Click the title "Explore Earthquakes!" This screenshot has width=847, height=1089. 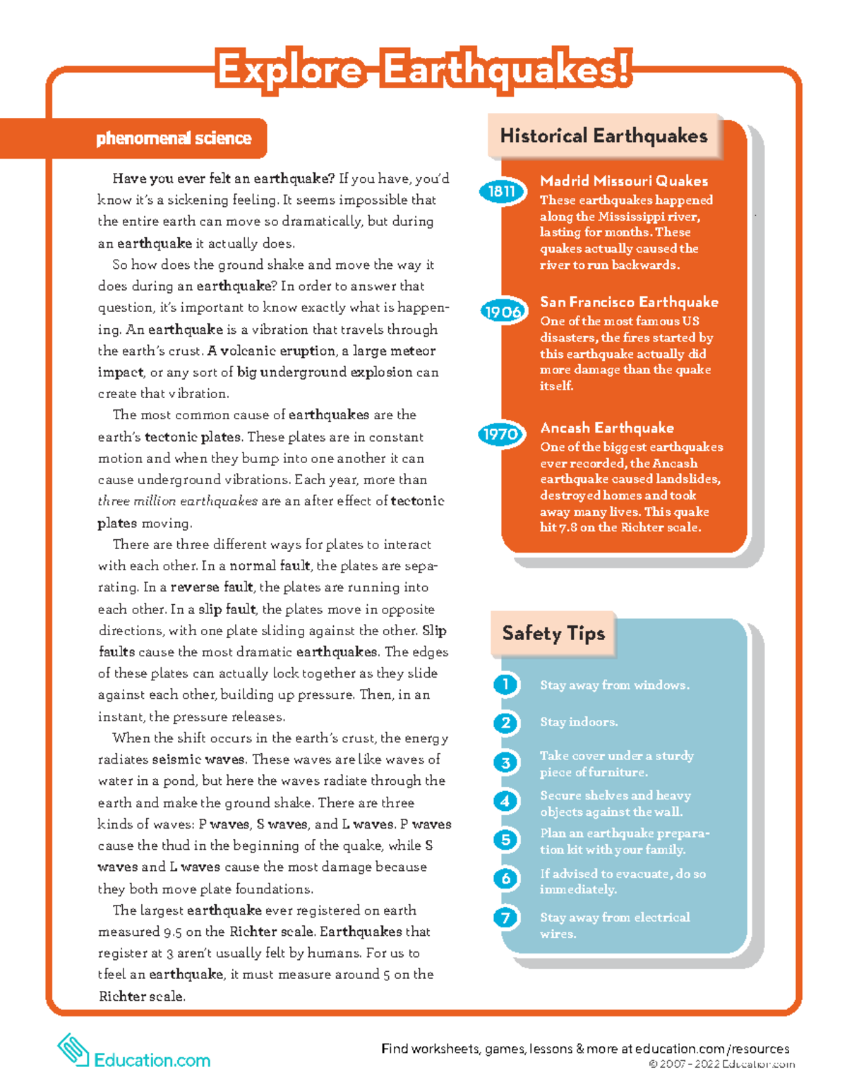click(423, 71)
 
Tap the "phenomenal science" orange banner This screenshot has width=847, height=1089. click(173, 138)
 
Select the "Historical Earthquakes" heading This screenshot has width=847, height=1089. click(603, 136)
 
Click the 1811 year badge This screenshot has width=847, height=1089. click(502, 191)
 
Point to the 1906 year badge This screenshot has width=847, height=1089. click(503, 311)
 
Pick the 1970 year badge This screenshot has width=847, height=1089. click(500, 434)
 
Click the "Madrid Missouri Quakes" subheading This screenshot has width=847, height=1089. click(623, 181)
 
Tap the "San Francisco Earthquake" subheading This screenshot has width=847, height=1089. click(629, 302)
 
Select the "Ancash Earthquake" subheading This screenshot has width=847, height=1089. click(606, 428)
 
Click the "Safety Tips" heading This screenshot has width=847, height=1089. click(553, 633)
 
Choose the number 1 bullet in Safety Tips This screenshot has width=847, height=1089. click(505, 685)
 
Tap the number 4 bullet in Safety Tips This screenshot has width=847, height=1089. click(505, 801)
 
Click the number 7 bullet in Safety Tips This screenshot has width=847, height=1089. click(505, 917)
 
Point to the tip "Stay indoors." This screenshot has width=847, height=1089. click(579, 722)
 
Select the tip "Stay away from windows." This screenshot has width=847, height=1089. click(614, 685)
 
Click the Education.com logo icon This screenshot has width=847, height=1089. click(73, 1049)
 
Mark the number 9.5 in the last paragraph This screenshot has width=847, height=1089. click(172, 932)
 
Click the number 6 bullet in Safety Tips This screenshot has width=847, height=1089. click(505, 879)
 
